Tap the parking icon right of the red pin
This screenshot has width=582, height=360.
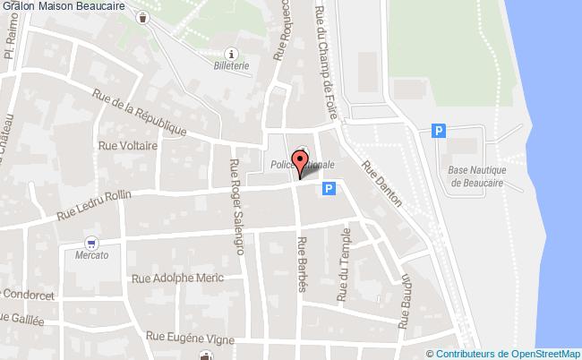coord(330,189)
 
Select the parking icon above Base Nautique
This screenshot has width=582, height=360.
coord(438,131)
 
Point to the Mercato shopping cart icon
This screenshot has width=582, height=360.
coord(91,242)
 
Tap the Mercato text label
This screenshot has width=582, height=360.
coord(91,255)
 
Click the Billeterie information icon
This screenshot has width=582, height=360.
coord(232,52)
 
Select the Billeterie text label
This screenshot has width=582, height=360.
coord(232,65)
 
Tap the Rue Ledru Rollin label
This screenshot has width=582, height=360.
coord(94,205)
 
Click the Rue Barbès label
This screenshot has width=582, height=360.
coord(303,264)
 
